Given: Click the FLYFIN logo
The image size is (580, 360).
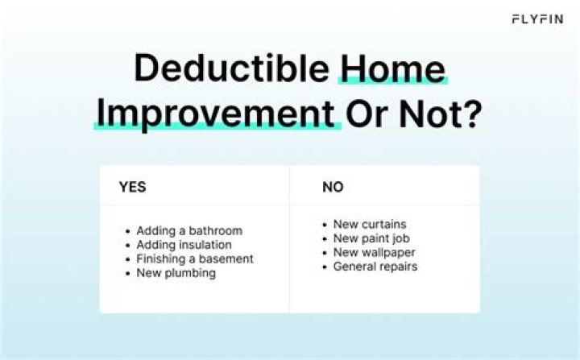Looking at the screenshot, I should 538,19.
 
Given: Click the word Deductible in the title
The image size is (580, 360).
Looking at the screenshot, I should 232,68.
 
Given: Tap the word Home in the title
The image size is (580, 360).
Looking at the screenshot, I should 392,68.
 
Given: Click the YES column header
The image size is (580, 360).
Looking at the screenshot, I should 133,187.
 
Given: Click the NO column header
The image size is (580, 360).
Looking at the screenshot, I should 332,187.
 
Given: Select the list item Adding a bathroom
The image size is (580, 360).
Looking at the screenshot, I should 188,230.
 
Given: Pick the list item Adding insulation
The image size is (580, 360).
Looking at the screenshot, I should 184,245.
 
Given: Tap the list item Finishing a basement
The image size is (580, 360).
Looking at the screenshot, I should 194,259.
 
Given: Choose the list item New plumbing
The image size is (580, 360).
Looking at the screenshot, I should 176,273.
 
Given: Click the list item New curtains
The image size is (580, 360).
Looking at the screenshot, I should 370,224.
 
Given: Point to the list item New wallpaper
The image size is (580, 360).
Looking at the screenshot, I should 374,252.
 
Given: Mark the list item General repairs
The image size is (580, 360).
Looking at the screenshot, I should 375,266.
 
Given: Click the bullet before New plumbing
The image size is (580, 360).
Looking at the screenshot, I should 128,273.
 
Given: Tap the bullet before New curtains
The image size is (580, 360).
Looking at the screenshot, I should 325,225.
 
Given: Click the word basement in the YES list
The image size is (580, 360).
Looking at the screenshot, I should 226,259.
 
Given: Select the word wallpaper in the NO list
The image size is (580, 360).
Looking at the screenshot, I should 388,252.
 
